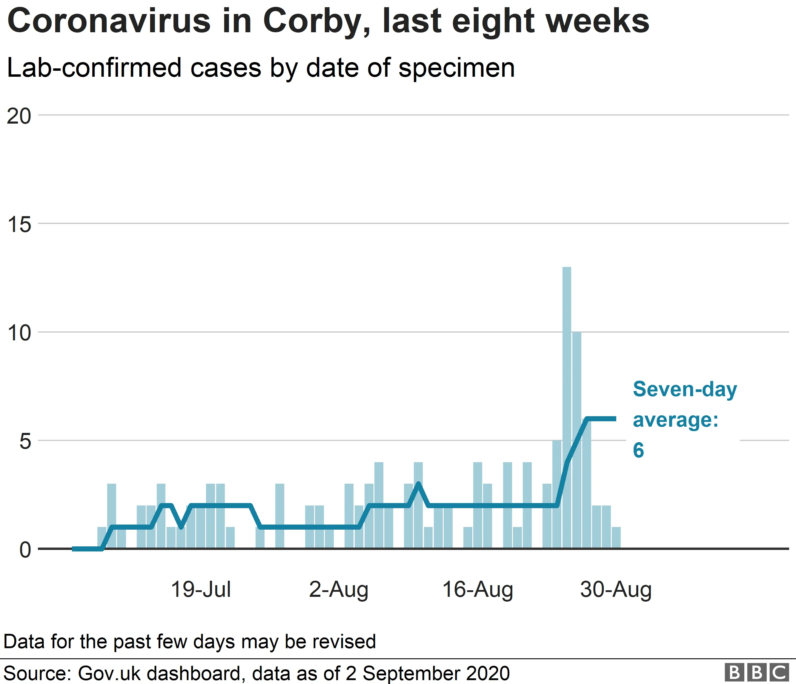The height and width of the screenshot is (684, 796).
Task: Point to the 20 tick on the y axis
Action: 19,116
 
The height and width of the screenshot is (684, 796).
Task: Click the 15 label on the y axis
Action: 19,224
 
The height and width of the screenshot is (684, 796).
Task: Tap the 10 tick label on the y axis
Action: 19,333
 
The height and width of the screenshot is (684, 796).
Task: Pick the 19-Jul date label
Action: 201,590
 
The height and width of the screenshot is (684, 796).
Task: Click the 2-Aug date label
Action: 339,590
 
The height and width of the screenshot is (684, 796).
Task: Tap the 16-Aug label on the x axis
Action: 477,590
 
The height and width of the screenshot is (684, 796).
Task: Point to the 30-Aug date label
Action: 615,590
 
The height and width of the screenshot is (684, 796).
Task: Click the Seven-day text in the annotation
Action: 685,389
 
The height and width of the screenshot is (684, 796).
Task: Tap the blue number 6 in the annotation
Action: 638,450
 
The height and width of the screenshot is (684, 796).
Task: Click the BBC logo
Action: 756,672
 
